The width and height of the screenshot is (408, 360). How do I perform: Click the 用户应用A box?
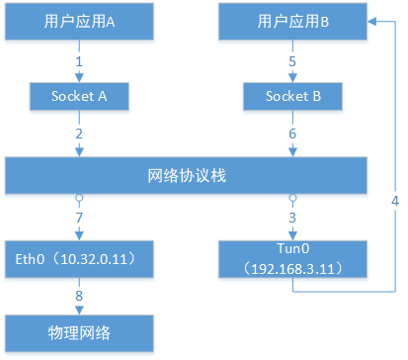click(x=79, y=21)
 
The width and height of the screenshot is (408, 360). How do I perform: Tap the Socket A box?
click(x=79, y=98)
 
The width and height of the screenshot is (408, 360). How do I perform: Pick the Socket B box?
click(x=291, y=98)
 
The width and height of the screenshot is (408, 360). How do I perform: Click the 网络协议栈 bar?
click(x=188, y=177)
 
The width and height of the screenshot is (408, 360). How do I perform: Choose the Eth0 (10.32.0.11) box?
click(x=79, y=258)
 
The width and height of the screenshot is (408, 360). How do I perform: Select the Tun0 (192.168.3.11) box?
click(x=291, y=259)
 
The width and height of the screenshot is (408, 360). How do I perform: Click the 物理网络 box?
click(x=79, y=331)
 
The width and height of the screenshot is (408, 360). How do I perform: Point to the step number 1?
click(x=78, y=61)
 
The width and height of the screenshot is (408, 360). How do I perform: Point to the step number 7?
click(x=78, y=217)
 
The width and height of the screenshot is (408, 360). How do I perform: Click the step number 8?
click(x=78, y=294)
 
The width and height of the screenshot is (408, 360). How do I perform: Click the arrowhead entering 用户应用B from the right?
click(x=373, y=21)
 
